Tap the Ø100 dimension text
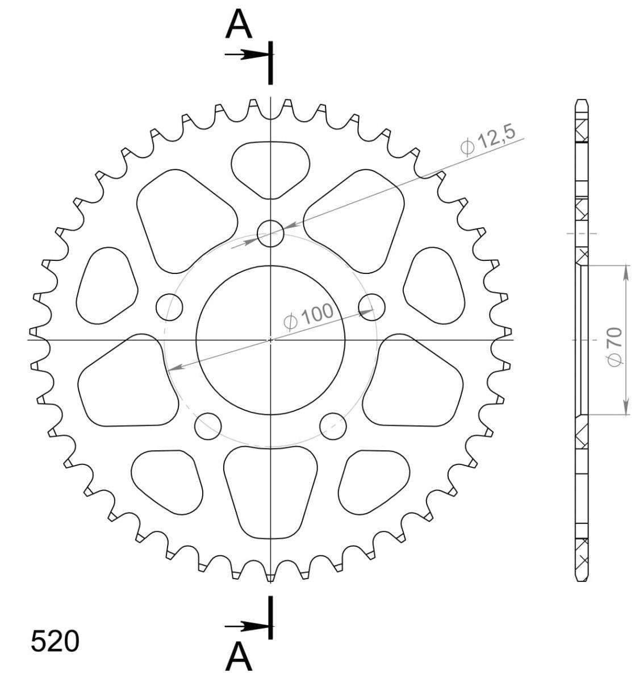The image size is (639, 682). pos(308,315)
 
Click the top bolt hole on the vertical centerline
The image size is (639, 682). pos(270,234)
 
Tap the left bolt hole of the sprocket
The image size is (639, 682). pos(169,307)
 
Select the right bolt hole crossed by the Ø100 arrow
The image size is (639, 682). pos(371,307)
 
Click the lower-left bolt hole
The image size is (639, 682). pos(207,426)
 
